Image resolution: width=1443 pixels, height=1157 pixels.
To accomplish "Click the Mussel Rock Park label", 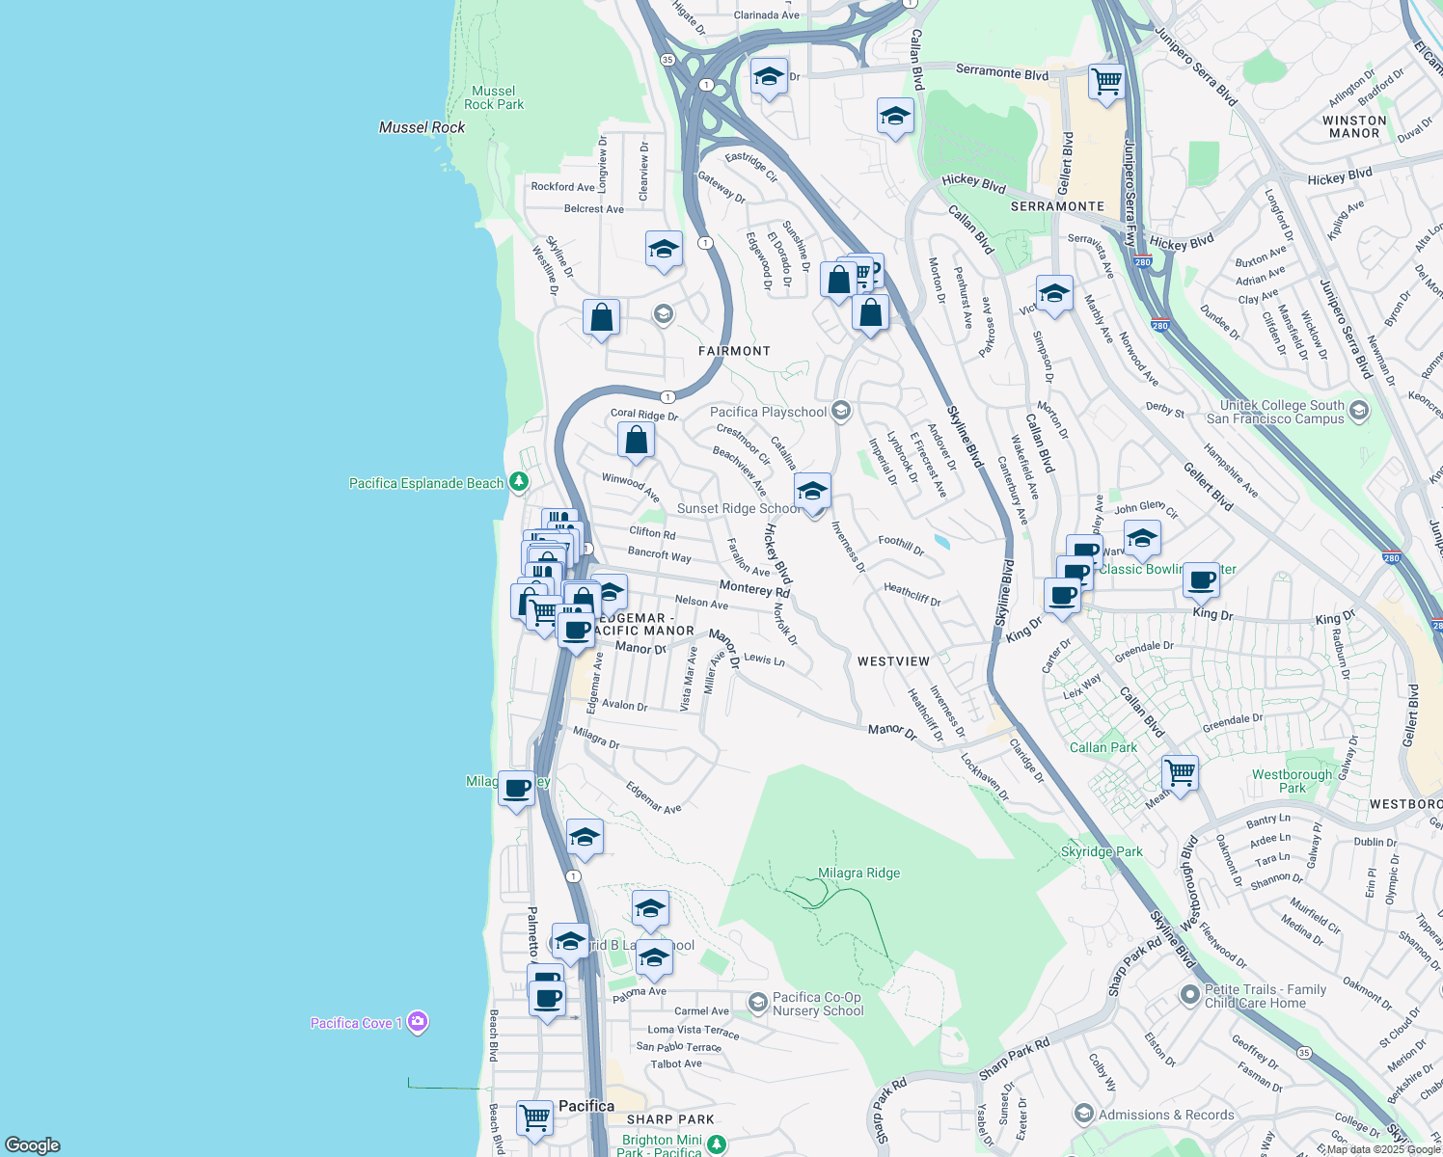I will pos(494,97).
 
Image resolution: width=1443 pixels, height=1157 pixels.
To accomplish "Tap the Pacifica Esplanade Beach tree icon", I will pos(519,481).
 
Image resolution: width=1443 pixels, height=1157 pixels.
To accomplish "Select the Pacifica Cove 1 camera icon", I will pos(418,1021).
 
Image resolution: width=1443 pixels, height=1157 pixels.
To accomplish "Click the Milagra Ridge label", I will pos(858,873).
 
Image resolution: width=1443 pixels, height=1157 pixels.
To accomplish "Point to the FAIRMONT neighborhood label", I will pos(734,351).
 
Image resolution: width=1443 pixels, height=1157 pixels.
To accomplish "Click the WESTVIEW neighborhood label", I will pos(893,661).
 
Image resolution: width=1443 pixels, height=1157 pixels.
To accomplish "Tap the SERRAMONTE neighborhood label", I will pos(1057,206).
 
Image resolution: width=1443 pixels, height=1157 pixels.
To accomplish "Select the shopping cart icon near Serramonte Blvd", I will pos(1106,81).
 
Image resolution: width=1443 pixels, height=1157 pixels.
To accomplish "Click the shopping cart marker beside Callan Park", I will pos(1180,772).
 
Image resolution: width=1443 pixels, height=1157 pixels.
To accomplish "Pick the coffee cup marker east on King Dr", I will pos(1201,579).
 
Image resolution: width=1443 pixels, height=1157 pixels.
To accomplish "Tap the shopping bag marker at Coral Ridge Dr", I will pos(636,441).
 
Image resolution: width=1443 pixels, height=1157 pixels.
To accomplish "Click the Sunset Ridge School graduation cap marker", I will pos(812,491).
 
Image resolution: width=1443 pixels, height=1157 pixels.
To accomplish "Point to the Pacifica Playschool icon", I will pos(841,412).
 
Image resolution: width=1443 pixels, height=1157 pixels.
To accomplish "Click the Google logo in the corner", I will pos(33,1144).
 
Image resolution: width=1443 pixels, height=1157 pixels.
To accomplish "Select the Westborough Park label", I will pos(1292,781).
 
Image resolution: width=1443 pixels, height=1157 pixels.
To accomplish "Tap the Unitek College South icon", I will pos(1359,412).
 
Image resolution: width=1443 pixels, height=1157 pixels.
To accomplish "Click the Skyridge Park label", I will pos(1102,851).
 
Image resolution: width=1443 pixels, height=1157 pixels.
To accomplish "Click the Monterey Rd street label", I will pos(753,589).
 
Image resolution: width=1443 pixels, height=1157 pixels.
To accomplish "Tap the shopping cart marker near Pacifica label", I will pos(534,1117).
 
